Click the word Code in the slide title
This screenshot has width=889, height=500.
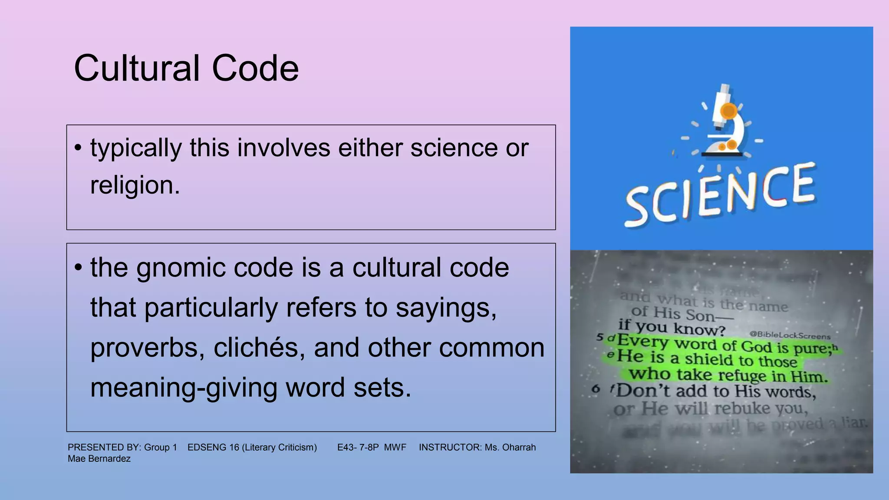point(255,68)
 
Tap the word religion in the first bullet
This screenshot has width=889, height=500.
point(135,185)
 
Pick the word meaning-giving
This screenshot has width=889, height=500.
point(184,388)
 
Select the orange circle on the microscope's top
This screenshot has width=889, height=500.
point(729,111)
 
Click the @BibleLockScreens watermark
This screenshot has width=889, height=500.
point(790,335)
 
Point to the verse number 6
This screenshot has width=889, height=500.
point(596,389)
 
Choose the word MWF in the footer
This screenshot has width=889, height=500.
point(395,447)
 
